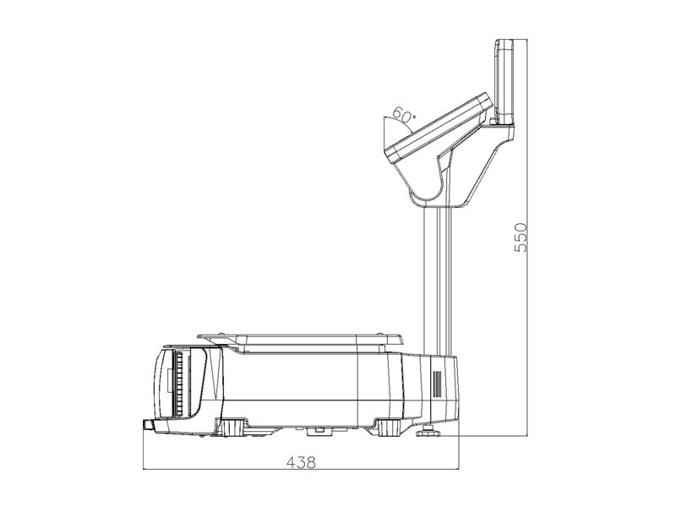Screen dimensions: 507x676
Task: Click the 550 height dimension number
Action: [x=521, y=237]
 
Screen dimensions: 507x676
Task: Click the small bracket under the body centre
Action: [x=318, y=430]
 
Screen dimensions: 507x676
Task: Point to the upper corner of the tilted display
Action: [x=486, y=97]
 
